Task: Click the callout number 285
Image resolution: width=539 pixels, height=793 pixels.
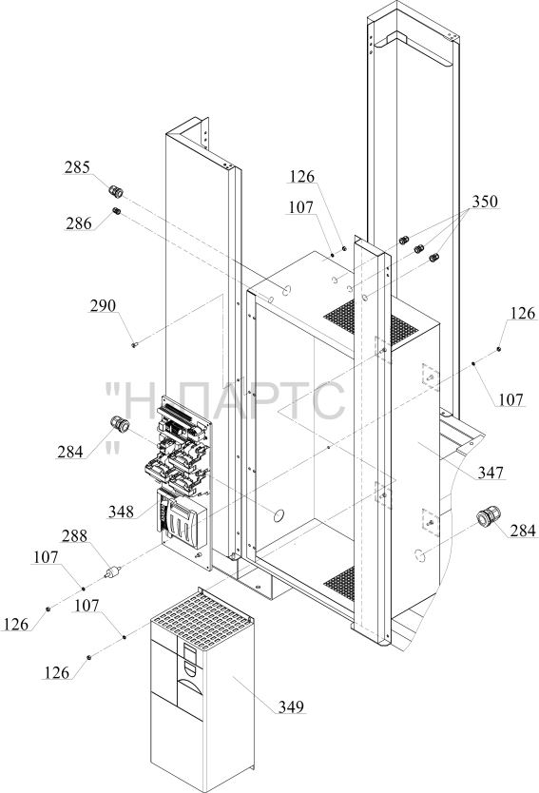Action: [x=77, y=167]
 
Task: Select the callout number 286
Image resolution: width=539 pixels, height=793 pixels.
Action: [x=78, y=223]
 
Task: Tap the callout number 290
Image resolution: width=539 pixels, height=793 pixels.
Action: [x=103, y=305]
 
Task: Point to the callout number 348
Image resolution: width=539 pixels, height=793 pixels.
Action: [x=121, y=512]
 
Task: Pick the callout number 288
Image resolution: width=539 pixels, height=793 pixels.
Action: [x=74, y=535]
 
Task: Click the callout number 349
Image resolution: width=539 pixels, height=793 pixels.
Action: [x=291, y=706]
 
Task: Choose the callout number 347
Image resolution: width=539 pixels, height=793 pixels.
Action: [x=491, y=473]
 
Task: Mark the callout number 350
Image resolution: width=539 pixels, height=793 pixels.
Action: [x=485, y=202]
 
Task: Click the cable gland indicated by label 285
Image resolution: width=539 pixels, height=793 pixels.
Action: [x=116, y=192]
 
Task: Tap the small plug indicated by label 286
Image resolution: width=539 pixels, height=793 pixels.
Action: [x=116, y=211]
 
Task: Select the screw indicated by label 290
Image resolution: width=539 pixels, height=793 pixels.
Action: [x=134, y=344]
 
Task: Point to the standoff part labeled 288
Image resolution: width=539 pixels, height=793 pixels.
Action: [x=113, y=572]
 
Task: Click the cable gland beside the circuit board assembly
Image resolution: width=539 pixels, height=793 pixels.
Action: [x=120, y=424]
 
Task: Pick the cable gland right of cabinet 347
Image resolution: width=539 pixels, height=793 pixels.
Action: [x=489, y=516]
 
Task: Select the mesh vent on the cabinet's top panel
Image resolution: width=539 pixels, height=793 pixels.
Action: [x=371, y=322]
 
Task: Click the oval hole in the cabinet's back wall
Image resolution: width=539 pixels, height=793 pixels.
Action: [x=279, y=516]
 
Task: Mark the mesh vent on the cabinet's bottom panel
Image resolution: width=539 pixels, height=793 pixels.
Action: [x=339, y=582]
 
